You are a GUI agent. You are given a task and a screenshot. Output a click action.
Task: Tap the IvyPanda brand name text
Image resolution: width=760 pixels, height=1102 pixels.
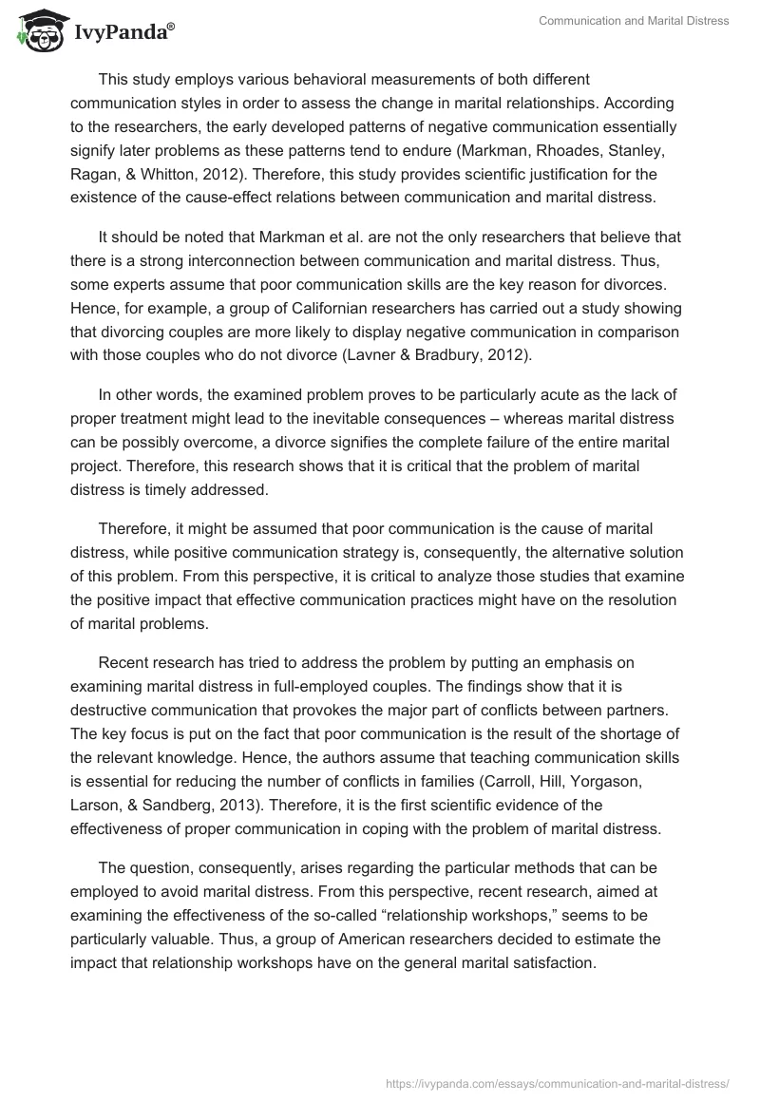(x=123, y=32)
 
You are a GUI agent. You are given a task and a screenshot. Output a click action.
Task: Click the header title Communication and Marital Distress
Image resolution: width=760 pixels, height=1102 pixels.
(x=633, y=21)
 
